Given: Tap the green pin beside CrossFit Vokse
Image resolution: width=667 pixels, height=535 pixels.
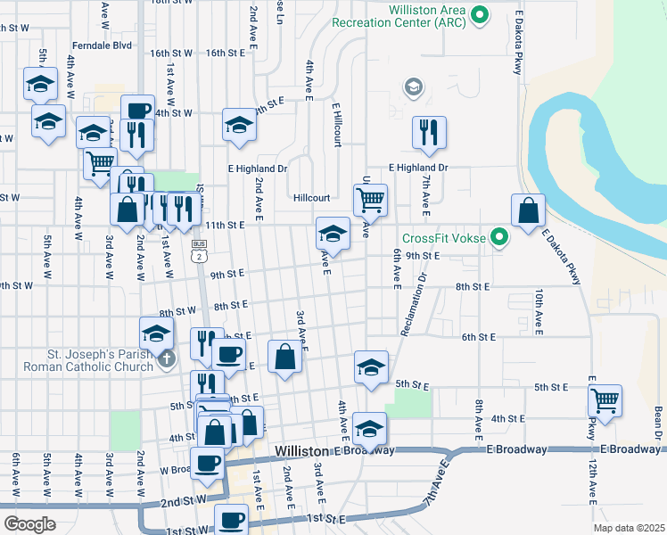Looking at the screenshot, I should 500,237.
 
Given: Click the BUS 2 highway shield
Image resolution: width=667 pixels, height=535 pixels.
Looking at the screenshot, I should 199,251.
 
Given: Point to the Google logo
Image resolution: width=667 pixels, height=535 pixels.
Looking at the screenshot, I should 29,523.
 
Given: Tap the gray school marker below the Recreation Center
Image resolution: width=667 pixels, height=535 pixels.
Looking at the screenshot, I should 413,86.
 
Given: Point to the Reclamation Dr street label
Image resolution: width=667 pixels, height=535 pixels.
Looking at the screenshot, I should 415,303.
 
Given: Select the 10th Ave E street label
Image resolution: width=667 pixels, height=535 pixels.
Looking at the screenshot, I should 539,309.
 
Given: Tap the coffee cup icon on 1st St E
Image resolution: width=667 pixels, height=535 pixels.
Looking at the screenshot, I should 232,518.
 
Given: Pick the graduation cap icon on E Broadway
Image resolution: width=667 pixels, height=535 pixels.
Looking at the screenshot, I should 369,429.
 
